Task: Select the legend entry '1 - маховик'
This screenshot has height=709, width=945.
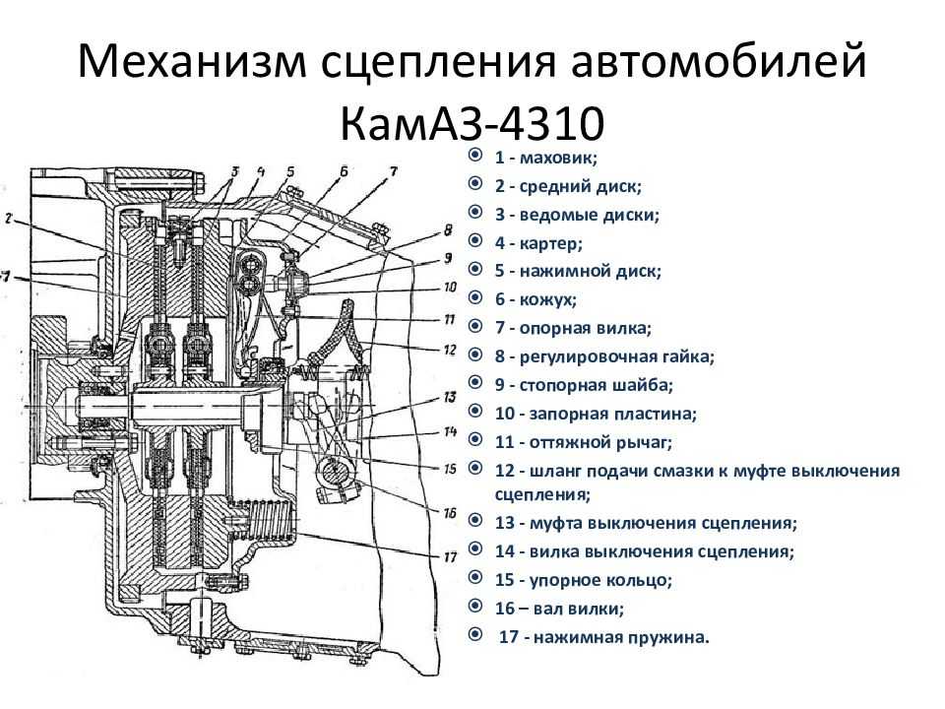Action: (x=546, y=157)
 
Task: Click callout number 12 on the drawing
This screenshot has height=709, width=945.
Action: (x=450, y=349)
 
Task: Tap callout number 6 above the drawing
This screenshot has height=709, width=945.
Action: (x=344, y=171)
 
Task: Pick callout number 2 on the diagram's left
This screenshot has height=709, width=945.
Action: (x=8, y=220)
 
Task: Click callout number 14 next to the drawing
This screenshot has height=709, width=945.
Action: (x=450, y=431)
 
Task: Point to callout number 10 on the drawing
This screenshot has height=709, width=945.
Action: (x=450, y=288)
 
